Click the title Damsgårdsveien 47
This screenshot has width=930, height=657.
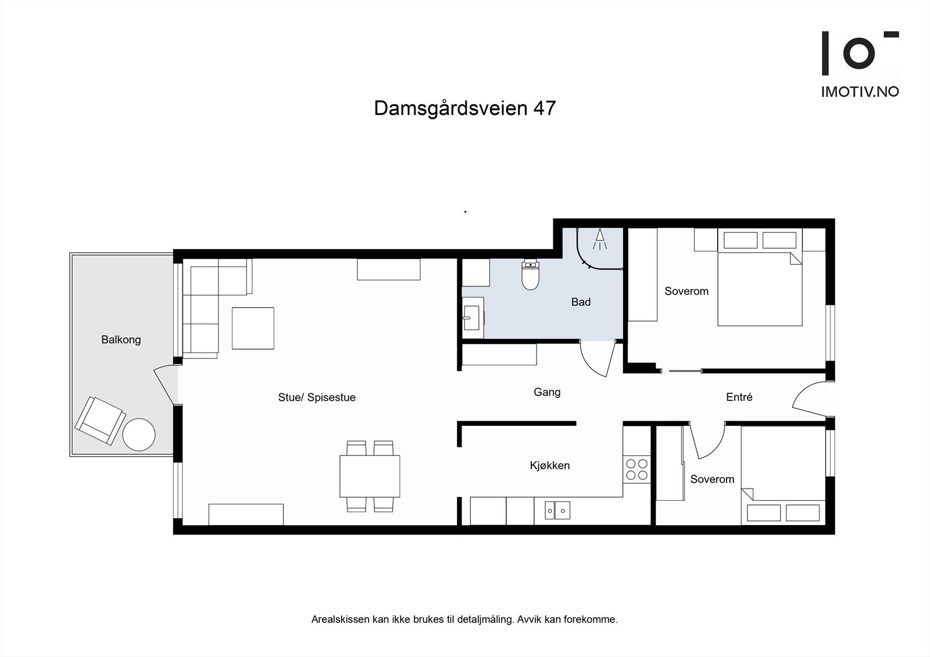click(464, 108)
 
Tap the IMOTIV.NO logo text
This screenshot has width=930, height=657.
click(859, 92)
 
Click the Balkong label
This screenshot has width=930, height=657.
click(121, 340)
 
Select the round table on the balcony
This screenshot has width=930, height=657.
click(139, 435)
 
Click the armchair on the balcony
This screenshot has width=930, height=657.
click(99, 420)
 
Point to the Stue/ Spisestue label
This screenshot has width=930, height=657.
click(317, 397)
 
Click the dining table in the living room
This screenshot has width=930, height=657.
click(370, 476)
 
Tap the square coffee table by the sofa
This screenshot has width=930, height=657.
click(253, 328)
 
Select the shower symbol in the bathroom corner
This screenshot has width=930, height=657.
click(600, 239)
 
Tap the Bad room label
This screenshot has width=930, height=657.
click(581, 302)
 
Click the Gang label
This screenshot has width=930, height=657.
click(547, 392)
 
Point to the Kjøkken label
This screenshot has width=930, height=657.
click(549, 465)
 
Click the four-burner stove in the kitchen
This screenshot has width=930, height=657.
click(636, 469)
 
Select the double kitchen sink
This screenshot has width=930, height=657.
click(557, 511)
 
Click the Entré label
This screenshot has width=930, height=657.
click(739, 397)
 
